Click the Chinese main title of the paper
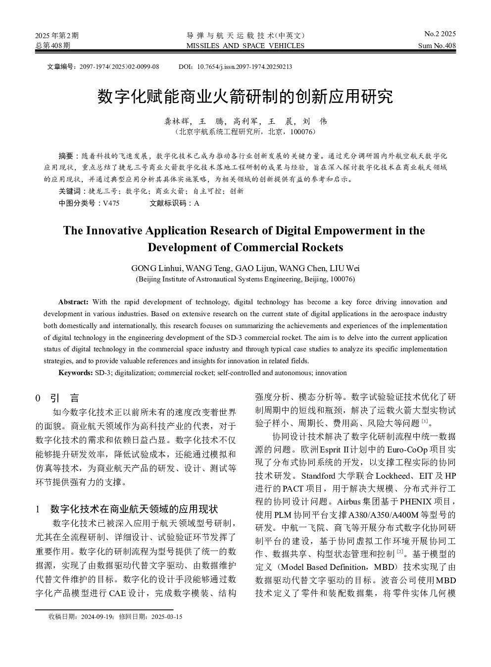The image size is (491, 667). [x=245, y=96]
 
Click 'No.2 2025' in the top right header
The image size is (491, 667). [x=440, y=34]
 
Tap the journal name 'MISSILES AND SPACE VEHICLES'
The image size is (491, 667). [x=245, y=46]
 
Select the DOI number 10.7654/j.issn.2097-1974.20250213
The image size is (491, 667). [x=245, y=66]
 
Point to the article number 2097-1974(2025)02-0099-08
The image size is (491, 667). [x=119, y=66]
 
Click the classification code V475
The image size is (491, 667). [x=111, y=203]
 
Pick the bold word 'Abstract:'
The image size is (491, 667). [x=73, y=302]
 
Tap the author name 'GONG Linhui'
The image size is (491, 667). [x=157, y=268]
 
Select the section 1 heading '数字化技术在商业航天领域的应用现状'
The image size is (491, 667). [x=134, y=509]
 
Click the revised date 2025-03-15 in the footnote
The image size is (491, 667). [x=166, y=617]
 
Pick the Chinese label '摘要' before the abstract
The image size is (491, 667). [x=66, y=156]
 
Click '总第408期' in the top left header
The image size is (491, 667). [x=53, y=46]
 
